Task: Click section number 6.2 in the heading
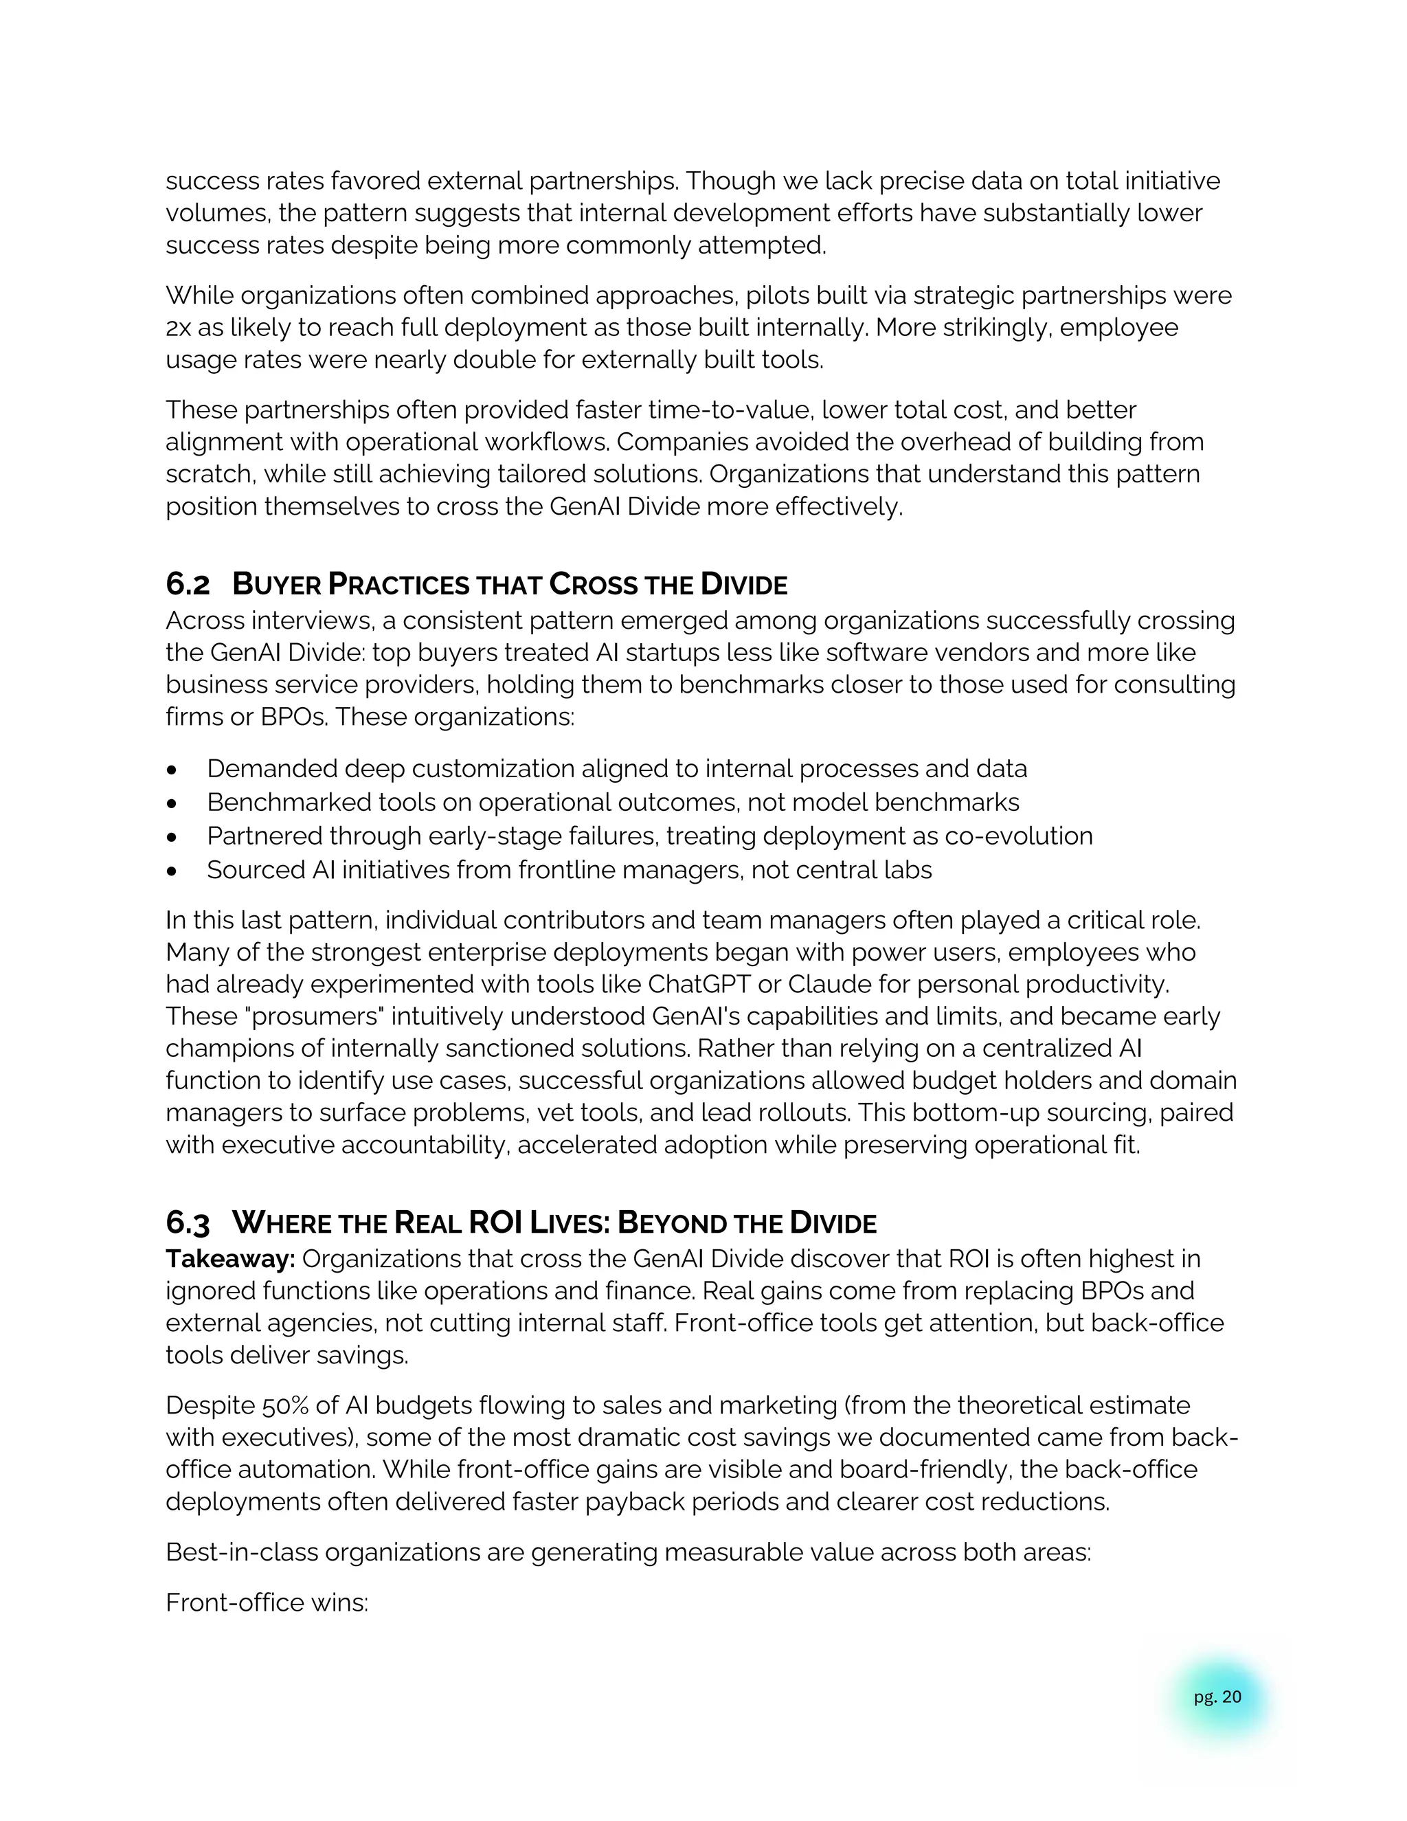188,585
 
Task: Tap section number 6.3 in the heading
188,1223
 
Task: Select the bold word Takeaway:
230,1258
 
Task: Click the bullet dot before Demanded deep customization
172,769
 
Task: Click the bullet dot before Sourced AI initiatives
172,871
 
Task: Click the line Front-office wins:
267,1602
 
